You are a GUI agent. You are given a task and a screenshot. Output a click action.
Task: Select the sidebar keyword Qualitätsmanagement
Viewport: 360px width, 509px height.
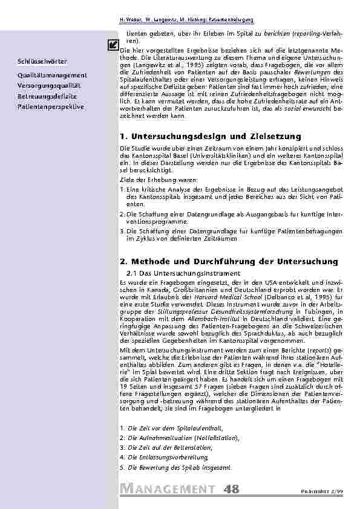click(x=53, y=75)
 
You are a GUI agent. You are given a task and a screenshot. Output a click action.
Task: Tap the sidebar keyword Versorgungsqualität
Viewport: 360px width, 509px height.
click(x=49, y=86)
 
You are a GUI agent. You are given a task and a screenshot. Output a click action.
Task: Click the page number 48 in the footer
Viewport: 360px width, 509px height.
click(x=231, y=488)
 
